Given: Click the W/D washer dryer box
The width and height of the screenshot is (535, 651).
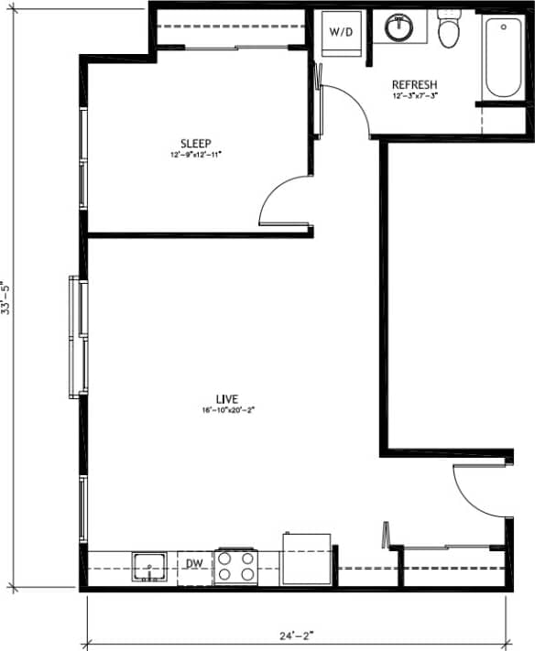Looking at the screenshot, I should tap(340, 33).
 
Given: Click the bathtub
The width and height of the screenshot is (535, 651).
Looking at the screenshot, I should tap(503, 56).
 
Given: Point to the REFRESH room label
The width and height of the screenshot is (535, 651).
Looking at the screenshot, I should tap(414, 83).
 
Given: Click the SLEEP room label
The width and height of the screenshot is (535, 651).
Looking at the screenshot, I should tap(195, 143).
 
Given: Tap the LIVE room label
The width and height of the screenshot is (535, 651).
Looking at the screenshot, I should tap(227, 398).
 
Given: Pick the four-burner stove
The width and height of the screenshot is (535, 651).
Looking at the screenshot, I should tap(235, 567).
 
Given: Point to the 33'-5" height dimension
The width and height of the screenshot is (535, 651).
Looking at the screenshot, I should tap(8, 298).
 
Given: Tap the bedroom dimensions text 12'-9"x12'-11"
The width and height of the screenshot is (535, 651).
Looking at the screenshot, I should tap(195, 155).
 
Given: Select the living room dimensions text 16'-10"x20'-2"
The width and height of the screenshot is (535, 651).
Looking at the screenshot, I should tap(227, 410).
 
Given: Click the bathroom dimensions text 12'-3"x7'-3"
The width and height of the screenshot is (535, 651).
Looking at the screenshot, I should tap(414, 95).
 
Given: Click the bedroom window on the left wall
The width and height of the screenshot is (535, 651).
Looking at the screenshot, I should tap(82, 160).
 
